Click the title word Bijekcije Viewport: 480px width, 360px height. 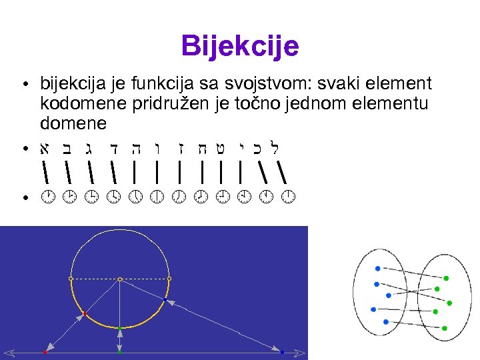pyautogui.click(x=240, y=47)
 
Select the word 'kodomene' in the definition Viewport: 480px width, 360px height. pyautogui.click(x=73, y=103)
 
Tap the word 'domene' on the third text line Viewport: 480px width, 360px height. pyautogui.click(x=73, y=123)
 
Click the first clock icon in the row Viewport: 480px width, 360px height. pyautogui.click(x=46, y=197)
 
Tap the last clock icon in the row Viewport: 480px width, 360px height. pyautogui.click(x=288, y=197)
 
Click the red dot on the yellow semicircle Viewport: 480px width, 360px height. pyautogui.click(x=85, y=313)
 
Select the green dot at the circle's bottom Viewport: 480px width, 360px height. pyautogui.click(x=119, y=329)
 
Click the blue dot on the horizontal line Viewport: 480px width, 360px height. pyautogui.click(x=283, y=351)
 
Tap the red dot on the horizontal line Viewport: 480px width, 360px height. pyautogui.click(x=45, y=351)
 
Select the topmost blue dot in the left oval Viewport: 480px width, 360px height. pyautogui.click(x=378, y=268)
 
